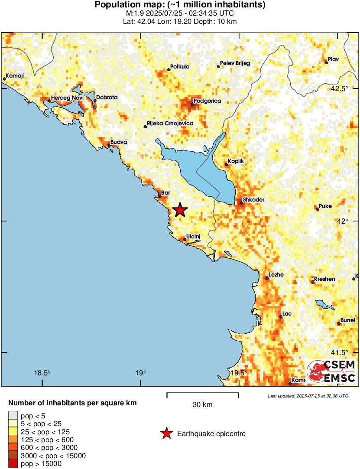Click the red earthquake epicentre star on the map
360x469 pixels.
click(x=180, y=210)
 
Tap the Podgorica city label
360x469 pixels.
click(x=207, y=101)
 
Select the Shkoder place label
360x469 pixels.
click(x=253, y=200)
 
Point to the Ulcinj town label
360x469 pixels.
click(x=193, y=236)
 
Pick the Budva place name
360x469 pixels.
click(x=119, y=142)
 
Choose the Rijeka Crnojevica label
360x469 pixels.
click(x=170, y=124)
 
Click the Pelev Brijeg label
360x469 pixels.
click(x=235, y=63)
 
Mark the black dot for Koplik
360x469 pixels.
click(x=226, y=164)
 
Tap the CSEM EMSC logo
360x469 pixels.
click(x=331, y=371)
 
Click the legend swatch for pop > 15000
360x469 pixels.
click(x=13, y=464)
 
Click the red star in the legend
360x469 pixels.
click(x=166, y=433)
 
